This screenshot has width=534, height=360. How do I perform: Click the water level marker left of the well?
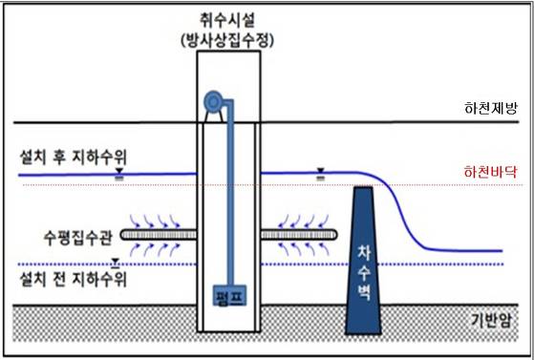(117, 173)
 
